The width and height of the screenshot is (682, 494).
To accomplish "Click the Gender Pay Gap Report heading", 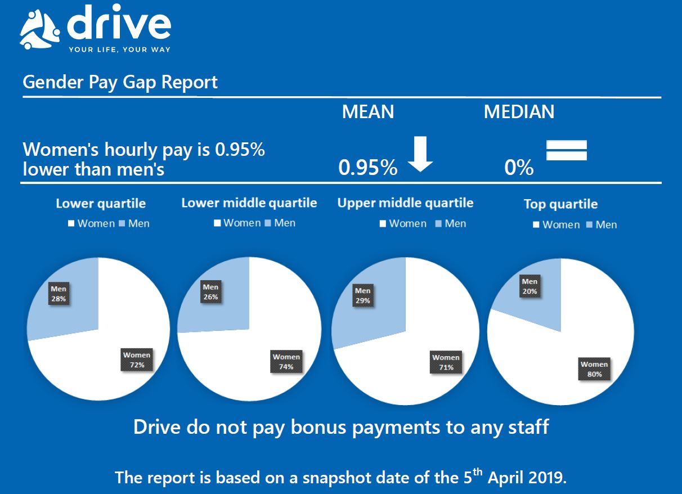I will (120, 82).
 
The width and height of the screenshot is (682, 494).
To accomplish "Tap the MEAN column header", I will (368, 111).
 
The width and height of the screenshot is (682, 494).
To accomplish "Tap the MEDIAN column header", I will (519, 111).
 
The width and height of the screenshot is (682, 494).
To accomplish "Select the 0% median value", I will (519, 168).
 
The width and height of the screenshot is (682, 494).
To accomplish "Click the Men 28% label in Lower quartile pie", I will (59, 294).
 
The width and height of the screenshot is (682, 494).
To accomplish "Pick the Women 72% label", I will (137, 360).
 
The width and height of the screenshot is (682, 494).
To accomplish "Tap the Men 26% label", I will (210, 292).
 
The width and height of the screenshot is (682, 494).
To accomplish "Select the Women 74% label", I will (286, 362).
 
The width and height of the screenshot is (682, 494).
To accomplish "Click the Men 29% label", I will (362, 296).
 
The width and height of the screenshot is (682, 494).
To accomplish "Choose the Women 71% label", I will (446, 362).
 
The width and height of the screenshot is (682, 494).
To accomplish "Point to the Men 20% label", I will (530, 286).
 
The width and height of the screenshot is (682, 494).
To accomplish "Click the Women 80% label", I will (594, 369).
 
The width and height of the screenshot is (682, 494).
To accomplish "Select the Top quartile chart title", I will (560, 204).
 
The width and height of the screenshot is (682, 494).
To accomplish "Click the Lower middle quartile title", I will (249, 203).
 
